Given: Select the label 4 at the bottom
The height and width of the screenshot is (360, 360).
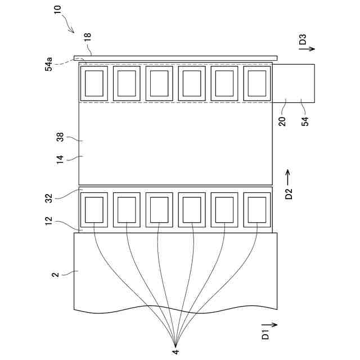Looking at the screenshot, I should coord(175,352).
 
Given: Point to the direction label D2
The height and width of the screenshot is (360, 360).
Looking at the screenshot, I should coord(289,194).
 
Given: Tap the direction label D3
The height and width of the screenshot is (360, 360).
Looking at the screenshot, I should coord(303,40).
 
